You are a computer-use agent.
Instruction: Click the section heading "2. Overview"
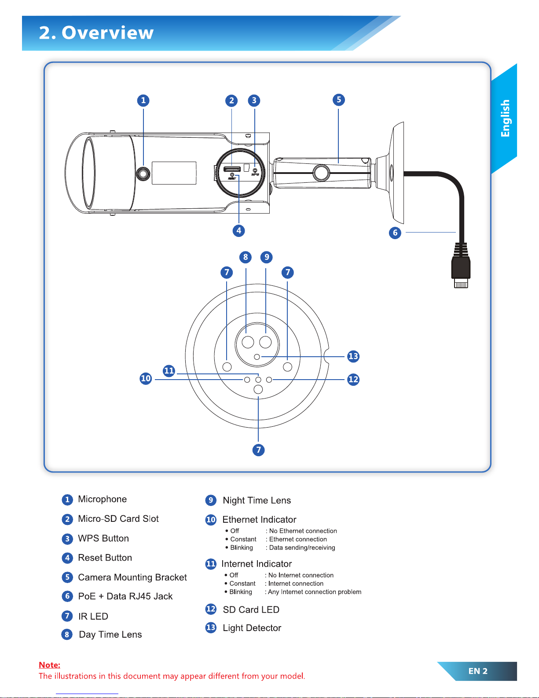[x=96, y=33]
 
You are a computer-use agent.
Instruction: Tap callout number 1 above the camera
[x=143, y=100]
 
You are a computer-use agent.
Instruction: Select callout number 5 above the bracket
[x=338, y=100]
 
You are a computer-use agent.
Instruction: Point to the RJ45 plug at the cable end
[x=461, y=269]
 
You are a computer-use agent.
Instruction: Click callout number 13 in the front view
[x=353, y=356]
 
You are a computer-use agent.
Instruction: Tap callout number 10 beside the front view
[x=146, y=378]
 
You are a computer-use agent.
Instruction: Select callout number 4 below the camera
[x=238, y=230]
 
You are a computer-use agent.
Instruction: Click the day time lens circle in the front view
[x=248, y=342]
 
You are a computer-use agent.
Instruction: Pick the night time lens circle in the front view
[x=265, y=342]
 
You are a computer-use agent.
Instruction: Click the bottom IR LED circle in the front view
[x=258, y=389]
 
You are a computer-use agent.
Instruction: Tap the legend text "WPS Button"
[x=103, y=538]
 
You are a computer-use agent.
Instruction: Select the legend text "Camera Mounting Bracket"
[x=132, y=577]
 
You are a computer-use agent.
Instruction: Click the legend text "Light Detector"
[x=252, y=628]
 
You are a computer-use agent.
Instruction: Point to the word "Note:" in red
[x=49, y=665]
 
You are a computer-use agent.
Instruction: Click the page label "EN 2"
[x=478, y=671]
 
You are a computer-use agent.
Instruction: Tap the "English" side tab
[x=505, y=118]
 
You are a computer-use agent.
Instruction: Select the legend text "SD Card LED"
[x=251, y=609]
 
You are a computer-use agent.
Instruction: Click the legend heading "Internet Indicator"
[x=257, y=564]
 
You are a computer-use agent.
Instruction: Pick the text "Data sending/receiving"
[x=302, y=547]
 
